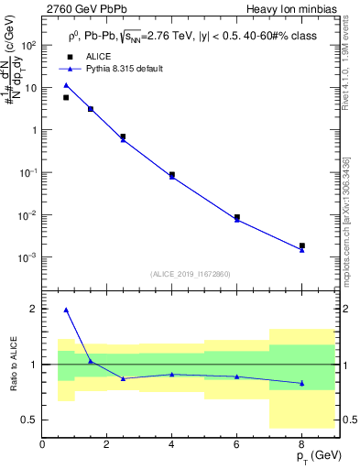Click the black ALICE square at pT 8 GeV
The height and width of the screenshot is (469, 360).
(302, 245)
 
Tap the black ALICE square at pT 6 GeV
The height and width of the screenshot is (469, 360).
(237, 217)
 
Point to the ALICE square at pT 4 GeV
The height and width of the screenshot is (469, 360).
(172, 174)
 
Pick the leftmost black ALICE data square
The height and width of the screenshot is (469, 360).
(66, 97)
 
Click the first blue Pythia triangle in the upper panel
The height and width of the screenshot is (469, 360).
(66, 85)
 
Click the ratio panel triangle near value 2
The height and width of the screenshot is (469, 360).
(66, 310)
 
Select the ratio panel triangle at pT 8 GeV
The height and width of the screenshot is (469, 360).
(302, 383)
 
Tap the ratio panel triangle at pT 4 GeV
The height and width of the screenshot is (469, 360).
(172, 374)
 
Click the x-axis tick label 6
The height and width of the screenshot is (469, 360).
(237, 444)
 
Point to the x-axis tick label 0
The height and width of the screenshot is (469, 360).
(42, 444)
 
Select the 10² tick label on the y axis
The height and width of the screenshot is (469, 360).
(27, 44)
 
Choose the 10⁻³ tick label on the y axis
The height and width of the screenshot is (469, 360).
(27, 257)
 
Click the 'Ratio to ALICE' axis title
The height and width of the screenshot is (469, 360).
(11, 365)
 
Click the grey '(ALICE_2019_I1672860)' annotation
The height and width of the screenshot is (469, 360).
(191, 274)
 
